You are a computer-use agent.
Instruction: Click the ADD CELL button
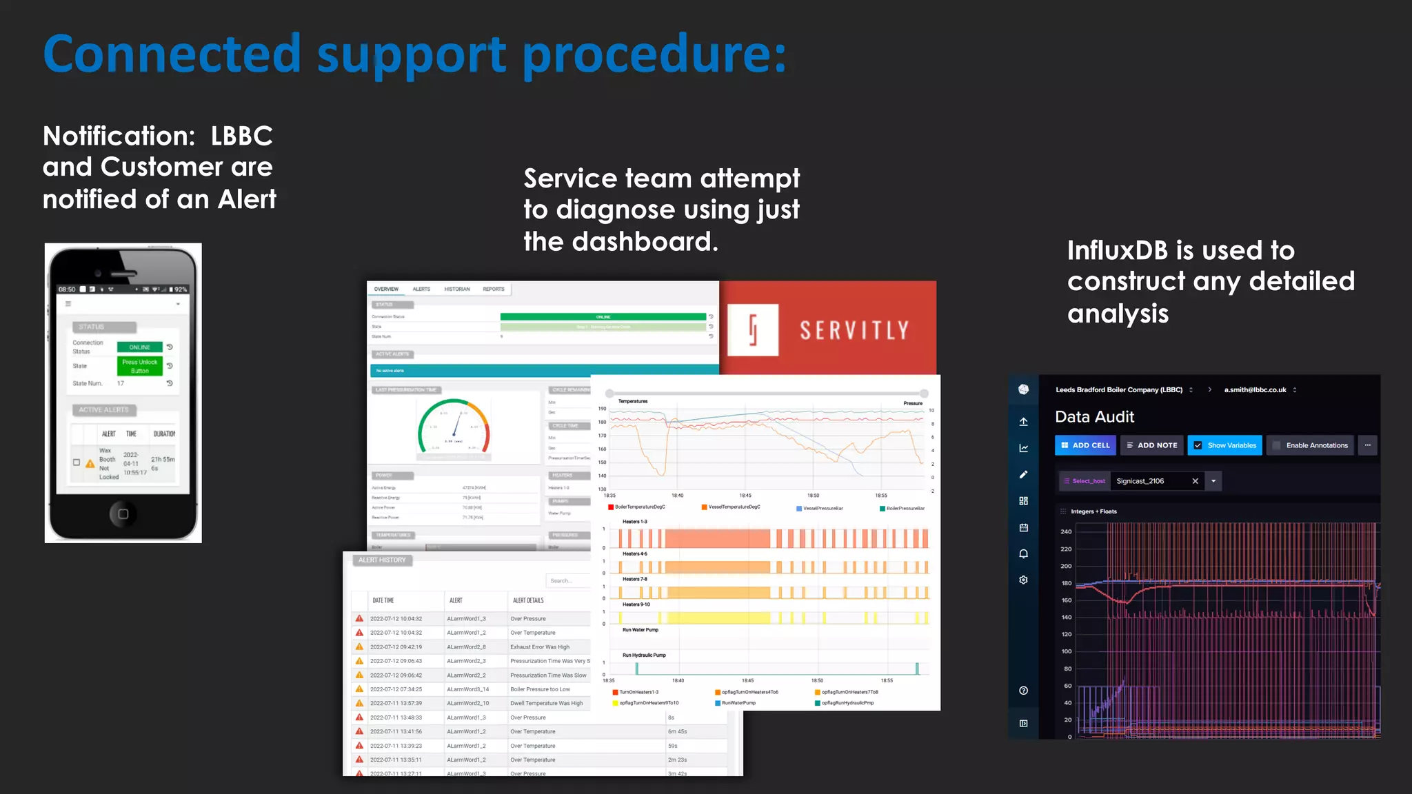coord(1085,445)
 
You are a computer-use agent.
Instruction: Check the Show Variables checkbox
coord(1198,445)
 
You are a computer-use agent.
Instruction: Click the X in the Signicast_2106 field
coord(1196,481)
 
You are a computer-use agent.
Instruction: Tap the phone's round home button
coord(123,513)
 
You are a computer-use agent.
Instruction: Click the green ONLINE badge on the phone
coord(139,347)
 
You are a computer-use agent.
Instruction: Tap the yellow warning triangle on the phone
coord(90,464)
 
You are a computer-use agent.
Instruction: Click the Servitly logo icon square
coord(753,329)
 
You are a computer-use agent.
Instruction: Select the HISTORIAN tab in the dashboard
coord(457,289)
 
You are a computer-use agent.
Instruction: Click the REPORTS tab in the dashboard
coord(494,289)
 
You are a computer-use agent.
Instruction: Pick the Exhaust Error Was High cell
coord(540,647)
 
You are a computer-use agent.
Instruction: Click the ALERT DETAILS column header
coord(528,600)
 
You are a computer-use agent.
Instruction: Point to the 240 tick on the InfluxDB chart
coord(1066,531)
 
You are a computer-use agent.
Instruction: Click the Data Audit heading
coord(1094,417)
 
